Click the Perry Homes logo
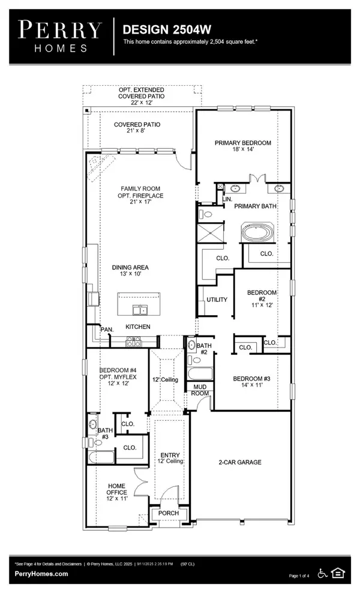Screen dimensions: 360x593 click(x=60, y=36)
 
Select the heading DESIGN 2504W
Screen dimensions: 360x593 click(x=167, y=29)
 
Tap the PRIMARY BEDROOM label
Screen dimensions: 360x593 click(x=243, y=143)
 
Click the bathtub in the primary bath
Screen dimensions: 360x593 click(x=257, y=232)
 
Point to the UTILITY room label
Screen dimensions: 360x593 click(x=217, y=300)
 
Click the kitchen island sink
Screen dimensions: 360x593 click(x=140, y=310)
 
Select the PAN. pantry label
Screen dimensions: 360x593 click(x=107, y=330)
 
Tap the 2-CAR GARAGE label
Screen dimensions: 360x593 click(x=240, y=462)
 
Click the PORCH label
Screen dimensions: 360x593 click(x=168, y=513)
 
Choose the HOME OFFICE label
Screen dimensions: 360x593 click(x=116, y=489)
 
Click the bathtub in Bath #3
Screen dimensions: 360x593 click(x=101, y=457)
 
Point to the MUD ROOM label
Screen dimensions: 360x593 click(x=200, y=390)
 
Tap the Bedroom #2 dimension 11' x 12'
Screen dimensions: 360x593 click(x=262, y=305)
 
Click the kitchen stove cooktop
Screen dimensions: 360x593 click(x=133, y=342)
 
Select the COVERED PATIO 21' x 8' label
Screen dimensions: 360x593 click(x=137, y=127)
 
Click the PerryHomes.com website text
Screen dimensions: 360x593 click(x=41, y=574)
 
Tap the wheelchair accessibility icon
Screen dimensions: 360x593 click(x=322, y=573)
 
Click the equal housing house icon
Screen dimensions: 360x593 click(x=338, y=573)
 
